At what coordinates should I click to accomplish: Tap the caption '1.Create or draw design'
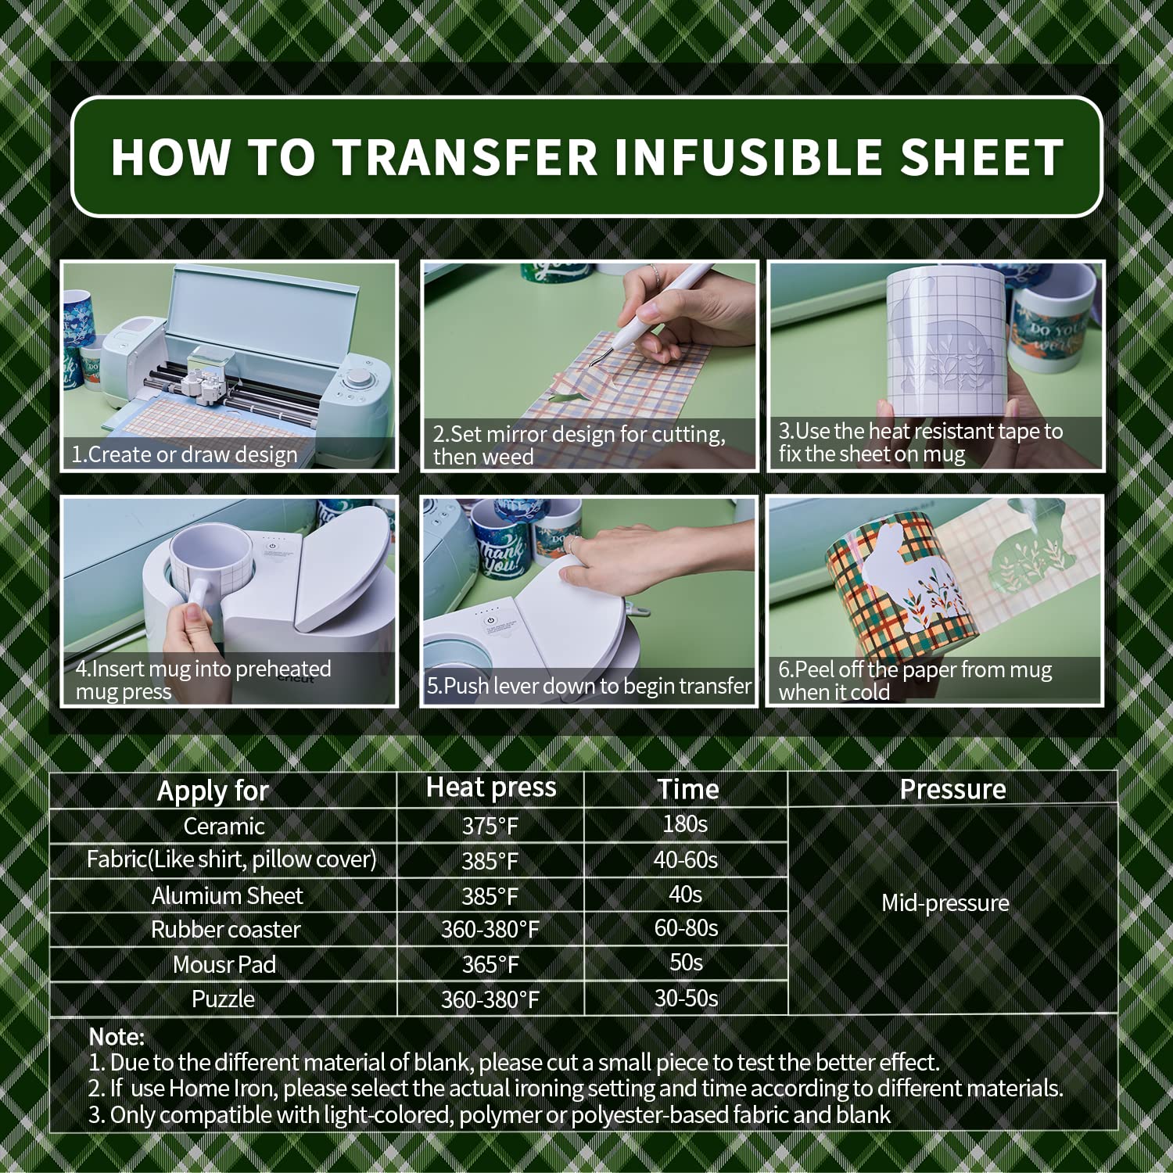pos(185,454)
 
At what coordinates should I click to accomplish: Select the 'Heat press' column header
pos(491,787)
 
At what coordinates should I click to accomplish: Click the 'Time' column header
pos(687,789)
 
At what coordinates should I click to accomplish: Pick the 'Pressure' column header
pos(952,789)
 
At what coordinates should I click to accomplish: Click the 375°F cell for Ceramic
pos(490,827)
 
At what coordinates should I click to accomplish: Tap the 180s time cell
pos(685,824)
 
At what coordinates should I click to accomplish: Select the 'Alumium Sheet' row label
pos(227,895)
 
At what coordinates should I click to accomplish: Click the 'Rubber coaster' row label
pos(225,930)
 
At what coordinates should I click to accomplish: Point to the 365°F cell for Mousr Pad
pos(490,965)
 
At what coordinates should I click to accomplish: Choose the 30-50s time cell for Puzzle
pos(686,999)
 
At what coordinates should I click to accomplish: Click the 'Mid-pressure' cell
pos(945,903)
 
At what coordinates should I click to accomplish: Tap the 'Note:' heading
pos(117,1037)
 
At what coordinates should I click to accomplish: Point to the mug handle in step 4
pos(193,598)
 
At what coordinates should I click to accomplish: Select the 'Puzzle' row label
pos(223,999)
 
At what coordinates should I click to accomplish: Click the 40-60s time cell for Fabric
pos(686,860)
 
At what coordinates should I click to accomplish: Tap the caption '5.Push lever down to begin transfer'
pos(589,686)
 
